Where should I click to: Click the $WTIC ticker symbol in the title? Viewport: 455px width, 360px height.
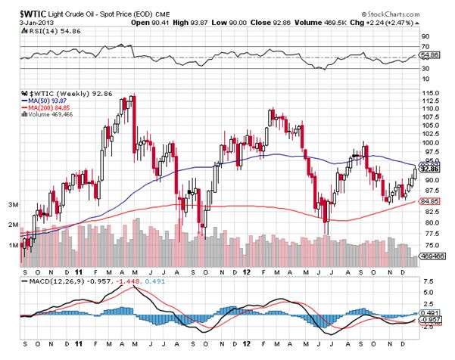(x=20, y=6)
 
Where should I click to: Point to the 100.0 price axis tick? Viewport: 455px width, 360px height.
(x=430, y=142)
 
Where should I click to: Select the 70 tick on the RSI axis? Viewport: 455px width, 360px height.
(x=425, y=47)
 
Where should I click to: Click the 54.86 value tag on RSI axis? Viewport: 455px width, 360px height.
(x=430, y=55)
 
